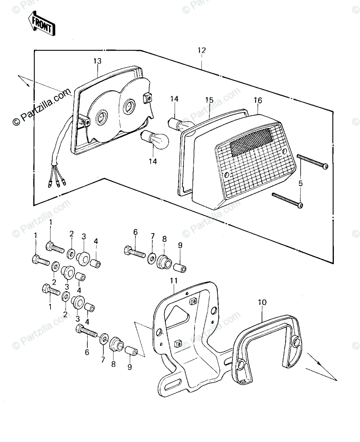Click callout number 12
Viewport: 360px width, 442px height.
click(x=202, y=50)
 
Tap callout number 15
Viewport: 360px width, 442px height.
click(x=209, y=100)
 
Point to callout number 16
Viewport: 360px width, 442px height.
click(x=257, y=100)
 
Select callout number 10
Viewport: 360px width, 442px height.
click(x=262, y=303)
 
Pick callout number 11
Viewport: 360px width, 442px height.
click(x=174, y=281)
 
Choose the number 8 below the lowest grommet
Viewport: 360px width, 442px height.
click(x=113, y=364)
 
